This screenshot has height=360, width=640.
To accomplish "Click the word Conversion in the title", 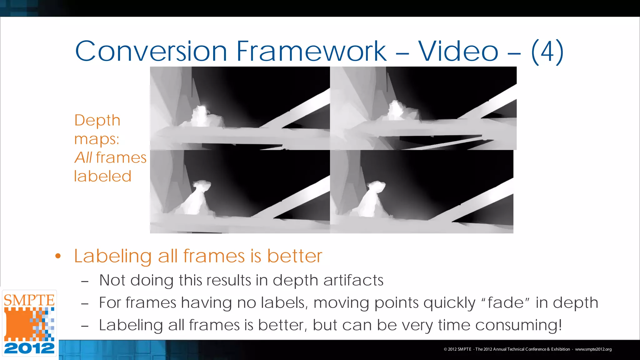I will [151, 51].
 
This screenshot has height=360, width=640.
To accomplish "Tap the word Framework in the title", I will [311, 51].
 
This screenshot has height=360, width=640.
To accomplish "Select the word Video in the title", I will [458, 51].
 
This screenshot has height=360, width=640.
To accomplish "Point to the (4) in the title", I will [547, 52].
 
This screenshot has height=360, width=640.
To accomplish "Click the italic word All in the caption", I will [83, 157].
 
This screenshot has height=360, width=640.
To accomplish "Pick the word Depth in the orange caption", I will [97, 121].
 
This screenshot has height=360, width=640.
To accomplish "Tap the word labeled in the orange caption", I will [102, 176].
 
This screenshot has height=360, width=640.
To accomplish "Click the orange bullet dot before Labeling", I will [58, 256].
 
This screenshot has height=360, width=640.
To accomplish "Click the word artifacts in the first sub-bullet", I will [353, 280].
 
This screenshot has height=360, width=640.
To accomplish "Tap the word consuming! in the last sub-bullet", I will [518, 325].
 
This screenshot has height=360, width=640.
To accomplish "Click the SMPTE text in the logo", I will [29, 300].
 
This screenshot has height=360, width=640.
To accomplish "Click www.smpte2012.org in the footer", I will [593, 349].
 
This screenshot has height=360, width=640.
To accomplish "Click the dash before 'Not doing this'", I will [85, 281].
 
